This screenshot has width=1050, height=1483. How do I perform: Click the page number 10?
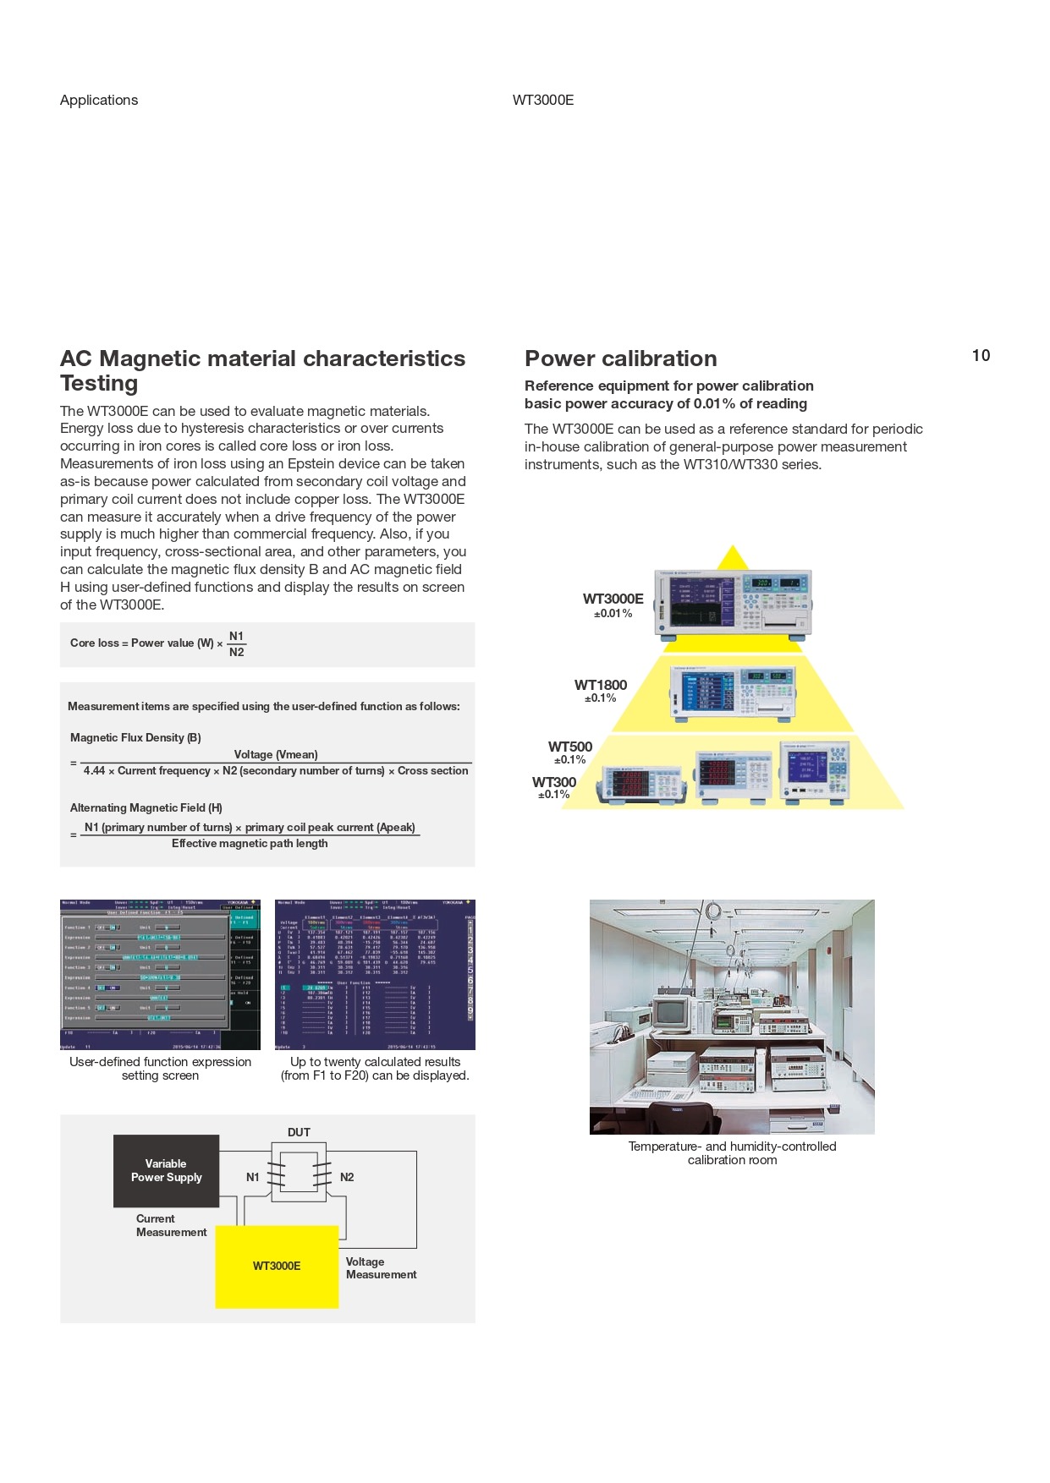[x=981, y=356]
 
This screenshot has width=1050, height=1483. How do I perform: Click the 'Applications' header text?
[x=99, y=100]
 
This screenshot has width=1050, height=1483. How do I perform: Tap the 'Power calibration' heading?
[x=620, y=358]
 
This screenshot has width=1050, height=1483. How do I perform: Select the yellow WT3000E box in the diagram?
[x=277, y=1266]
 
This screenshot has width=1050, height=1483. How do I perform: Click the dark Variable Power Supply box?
[x=166, y=1170]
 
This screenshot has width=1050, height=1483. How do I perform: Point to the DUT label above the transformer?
[x=299, y=1132]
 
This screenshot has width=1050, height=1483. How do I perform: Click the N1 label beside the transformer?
[x=252, y=1177]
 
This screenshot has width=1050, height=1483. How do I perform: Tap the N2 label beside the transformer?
[x=347, y=1177]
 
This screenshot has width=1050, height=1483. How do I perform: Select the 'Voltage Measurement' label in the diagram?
[x=381, y=1267]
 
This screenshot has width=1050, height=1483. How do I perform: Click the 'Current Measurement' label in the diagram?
[x=171, y=1225]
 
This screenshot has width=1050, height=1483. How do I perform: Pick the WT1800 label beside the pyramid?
[x=601, y=685]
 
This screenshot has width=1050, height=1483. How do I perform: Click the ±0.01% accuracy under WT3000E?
[x=613, y=614]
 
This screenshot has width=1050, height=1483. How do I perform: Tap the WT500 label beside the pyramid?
[x=570, y=747]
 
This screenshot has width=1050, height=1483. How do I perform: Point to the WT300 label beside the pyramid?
[x=554, y=782]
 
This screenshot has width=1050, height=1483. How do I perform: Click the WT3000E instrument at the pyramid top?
[x=733, y=602]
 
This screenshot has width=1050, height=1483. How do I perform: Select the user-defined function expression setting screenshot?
[x=160, y=974]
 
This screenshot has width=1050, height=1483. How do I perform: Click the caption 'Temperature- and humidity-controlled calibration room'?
[x=732, y=1152]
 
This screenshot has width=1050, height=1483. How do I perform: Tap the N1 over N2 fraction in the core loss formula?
[x=236, y=644]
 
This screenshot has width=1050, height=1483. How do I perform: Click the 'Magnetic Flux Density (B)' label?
[x=135, y=737]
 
